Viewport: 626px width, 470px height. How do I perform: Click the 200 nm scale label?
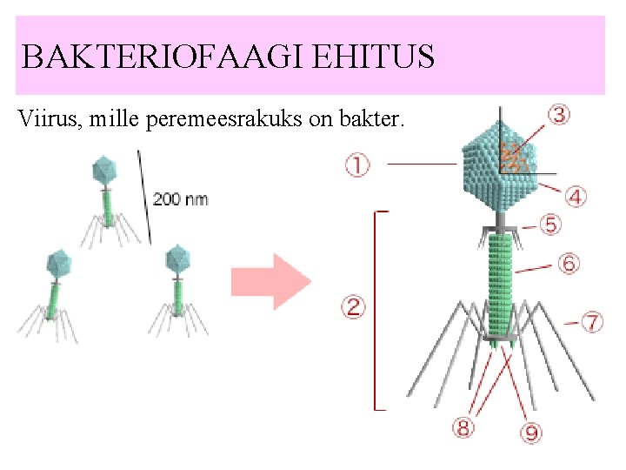(x=180, y=198)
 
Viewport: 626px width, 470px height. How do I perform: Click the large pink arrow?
(x=270, y=281)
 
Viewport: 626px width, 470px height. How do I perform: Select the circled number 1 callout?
(x=356, y=164)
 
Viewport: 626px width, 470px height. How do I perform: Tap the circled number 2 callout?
(x=354, y=306)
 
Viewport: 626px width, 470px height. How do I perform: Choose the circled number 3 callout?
(x=559, y=115)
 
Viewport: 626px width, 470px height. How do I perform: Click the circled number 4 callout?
(x=576, y=197)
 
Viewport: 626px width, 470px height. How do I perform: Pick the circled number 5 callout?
(x=550, y=225)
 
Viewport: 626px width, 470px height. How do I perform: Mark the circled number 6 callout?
(x=569, y=263)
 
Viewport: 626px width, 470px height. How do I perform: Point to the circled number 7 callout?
(x=591, y=322)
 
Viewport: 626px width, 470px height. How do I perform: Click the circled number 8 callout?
(x=463, y=427)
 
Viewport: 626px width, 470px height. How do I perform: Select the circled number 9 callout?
(x=529, y=431)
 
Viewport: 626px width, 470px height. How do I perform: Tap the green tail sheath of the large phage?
(x=500, y=279)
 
